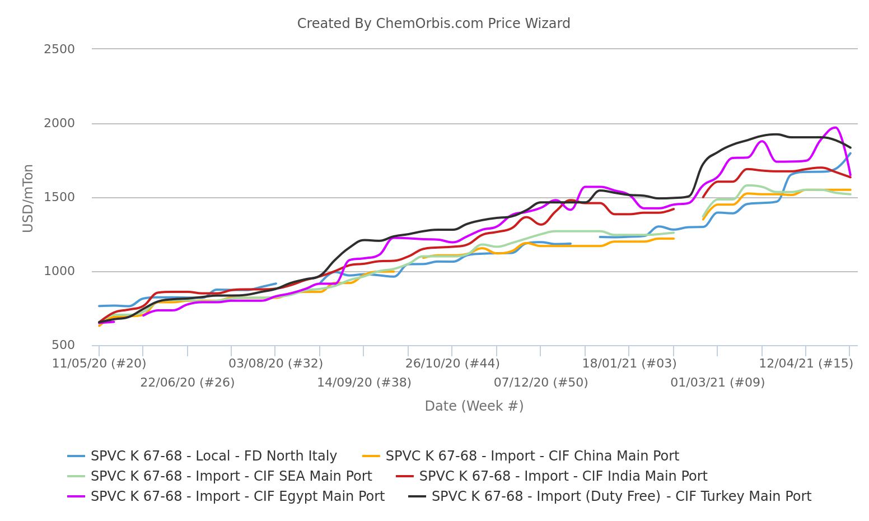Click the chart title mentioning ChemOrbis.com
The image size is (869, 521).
[433, 24]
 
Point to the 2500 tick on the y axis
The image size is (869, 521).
[59, 49]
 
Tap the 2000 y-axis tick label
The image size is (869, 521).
[59, 123]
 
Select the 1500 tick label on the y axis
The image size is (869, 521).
[59, 197]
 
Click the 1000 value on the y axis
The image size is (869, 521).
[59, 271]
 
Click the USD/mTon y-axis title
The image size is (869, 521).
[28, 198]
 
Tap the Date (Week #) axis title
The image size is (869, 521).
[474, 406]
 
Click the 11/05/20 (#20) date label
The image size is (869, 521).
[99, 364]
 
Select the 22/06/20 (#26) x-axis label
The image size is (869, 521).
[187, 383]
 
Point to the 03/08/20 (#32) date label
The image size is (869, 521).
[275, 364]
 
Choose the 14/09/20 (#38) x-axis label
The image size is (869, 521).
[364, 383]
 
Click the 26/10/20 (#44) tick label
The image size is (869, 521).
[452, 364]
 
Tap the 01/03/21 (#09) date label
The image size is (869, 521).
[717, 383]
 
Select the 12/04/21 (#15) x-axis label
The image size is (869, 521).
[806, 364]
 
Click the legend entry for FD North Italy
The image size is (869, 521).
[213, 456]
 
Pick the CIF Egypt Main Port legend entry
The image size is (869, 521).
[237, 496]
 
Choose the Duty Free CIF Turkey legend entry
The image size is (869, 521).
[621, 496]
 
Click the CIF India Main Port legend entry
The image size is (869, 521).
[563, 476]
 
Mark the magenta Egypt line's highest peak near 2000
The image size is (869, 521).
[835, 128]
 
